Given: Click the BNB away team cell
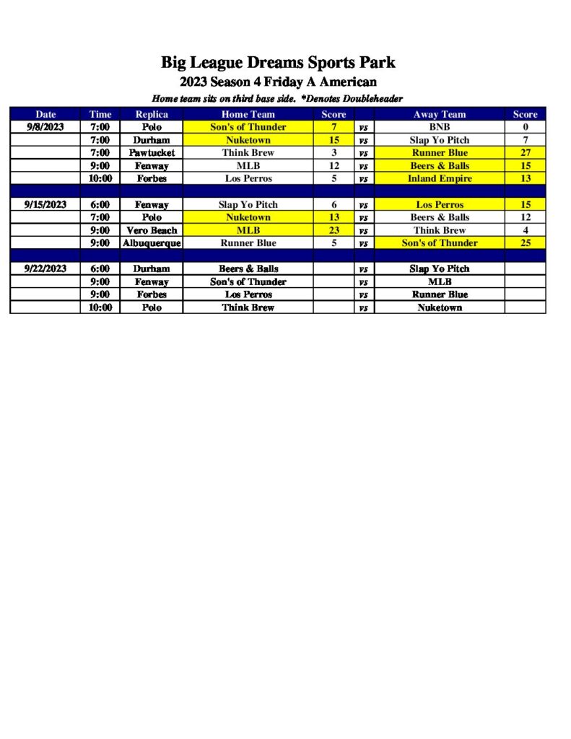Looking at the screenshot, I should pos(439,127).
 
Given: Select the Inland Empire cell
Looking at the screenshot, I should pos(439,178).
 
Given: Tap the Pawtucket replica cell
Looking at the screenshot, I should pos(152,153).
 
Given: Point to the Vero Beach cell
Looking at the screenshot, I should pos(152,230).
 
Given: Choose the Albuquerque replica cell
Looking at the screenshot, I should pos(152,243).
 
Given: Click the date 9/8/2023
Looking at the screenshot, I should pos(45,127).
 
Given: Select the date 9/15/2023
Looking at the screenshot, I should pos(45,204).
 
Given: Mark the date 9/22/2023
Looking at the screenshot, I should pos(45,268).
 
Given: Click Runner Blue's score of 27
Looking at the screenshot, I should pos(525,153).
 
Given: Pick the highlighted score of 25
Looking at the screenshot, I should pos(525,243).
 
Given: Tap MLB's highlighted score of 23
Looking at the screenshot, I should pos(334,230).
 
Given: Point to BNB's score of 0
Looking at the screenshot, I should pos(525,127).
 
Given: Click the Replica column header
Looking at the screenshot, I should pos(152,114).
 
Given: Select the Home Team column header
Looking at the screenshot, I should pos(248,114).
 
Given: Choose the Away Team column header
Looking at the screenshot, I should pos(439,114).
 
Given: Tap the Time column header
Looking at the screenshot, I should pos(100,114).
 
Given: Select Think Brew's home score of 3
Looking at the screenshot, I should pos(334,153).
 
